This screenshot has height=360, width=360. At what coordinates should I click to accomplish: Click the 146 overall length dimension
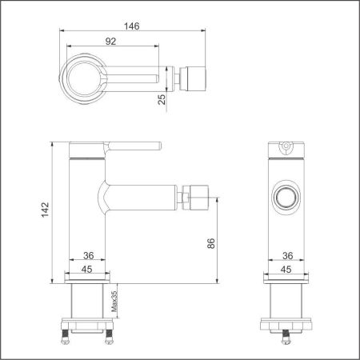point(133,26)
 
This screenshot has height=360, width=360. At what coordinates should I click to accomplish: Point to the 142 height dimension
point(46,209)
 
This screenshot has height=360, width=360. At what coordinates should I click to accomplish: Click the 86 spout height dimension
point(210,243)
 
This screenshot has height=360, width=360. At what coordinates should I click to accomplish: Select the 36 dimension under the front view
point(89,256)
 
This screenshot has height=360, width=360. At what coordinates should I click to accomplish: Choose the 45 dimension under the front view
point(89,269)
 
